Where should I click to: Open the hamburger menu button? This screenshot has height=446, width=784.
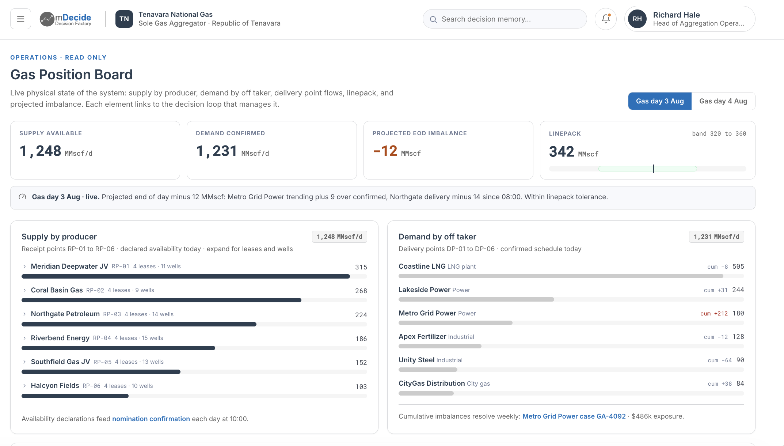(20, 19)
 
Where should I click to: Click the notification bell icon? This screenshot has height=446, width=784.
(606, 19)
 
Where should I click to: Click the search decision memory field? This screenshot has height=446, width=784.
(505, 19)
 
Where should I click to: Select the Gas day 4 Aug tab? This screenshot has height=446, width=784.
(723, 101)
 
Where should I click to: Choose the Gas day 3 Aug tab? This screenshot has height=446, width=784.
(660, 101)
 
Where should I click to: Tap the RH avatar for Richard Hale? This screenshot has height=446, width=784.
(637, 19)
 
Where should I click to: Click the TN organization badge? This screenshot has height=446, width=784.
(124, 19)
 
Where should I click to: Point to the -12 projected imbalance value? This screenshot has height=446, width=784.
(385, 151)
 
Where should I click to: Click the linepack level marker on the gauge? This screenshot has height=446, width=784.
(654, 169)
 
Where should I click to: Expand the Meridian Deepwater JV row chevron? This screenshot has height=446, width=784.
(24, 267)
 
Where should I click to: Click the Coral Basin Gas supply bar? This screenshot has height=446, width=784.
(161, 300)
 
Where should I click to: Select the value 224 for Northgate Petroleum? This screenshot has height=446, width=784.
(361, 315)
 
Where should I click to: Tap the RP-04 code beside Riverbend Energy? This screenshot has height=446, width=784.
(102, 338)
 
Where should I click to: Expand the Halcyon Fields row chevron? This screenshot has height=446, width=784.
(24, 386)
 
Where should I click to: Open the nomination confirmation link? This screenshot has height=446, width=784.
(151, 419)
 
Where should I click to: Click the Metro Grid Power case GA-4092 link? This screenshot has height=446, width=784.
(574, 416)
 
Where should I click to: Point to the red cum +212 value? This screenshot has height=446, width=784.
(714, 314)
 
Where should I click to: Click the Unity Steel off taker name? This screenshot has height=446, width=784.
(416, 360)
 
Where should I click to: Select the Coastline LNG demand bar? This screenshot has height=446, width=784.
(561, 276)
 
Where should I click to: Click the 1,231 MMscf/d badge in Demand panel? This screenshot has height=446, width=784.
(716, 237)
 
